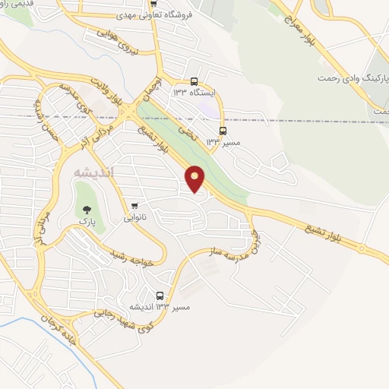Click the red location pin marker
(x=195, y=179)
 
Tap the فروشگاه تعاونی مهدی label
(x=157, y=14)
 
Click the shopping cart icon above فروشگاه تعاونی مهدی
(x=154, y=2)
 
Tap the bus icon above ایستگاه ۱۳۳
(x=194, y=81)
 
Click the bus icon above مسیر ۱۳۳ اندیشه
(x=160, y=296)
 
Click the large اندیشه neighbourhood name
(x=94, y=172)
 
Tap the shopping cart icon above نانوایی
(x=134, y=205)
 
